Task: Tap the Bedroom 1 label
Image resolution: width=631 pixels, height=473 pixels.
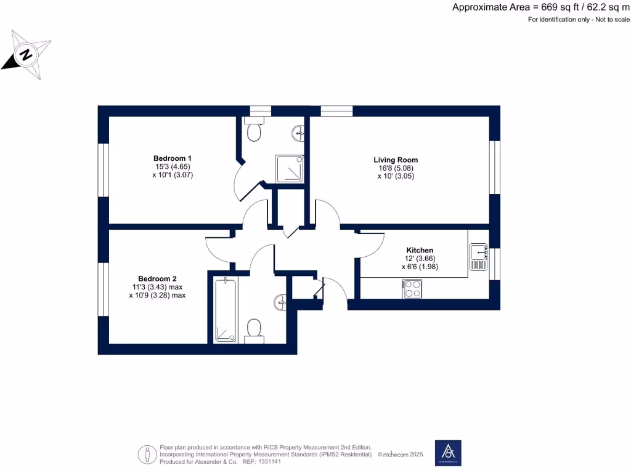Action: click(172, 158)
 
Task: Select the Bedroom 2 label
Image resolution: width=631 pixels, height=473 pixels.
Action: click(157, 278)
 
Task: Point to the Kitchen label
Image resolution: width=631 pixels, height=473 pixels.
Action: click(419, 250)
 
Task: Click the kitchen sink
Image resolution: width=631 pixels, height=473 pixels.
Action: click(479, 257)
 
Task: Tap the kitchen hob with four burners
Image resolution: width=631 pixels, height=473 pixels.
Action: click(412, 289)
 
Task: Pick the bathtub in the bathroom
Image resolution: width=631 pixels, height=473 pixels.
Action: click(225, 310)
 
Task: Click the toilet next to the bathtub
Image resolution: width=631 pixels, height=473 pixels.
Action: click(253, 329)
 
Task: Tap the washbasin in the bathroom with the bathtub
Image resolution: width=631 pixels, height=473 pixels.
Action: click(280, 302)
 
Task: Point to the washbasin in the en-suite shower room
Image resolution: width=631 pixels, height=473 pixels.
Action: click(299, 131)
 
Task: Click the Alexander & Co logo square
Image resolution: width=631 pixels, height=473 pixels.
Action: click(448, 452)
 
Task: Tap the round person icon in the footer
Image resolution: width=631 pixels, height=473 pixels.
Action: click(147, 454)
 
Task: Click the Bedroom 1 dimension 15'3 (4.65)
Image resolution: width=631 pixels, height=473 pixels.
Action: click(173, 167)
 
